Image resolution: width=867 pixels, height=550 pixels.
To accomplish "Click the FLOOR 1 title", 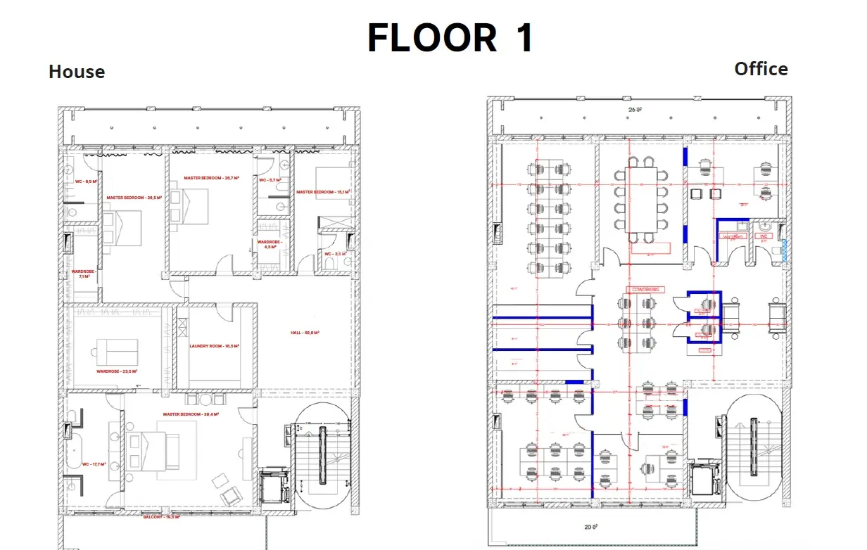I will [x=450, y=38].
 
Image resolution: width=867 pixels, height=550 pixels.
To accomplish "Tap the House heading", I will [x=77, y=72].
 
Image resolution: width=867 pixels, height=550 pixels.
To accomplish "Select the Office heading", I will [x=761, y=69].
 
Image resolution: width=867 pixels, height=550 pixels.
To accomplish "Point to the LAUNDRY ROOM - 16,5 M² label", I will [x=215, y=346].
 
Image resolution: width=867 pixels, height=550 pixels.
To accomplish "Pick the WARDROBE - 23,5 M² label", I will [x=117, y=371].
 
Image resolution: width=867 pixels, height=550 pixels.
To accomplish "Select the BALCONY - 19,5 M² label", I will [x=162, y=516].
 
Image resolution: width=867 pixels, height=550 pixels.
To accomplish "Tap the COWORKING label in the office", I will [x=645, y=289].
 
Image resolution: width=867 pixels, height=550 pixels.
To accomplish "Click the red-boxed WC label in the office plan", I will [x=764, y=236].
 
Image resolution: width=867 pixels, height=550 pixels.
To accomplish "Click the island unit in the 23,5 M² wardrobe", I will [x=117, y=347].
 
